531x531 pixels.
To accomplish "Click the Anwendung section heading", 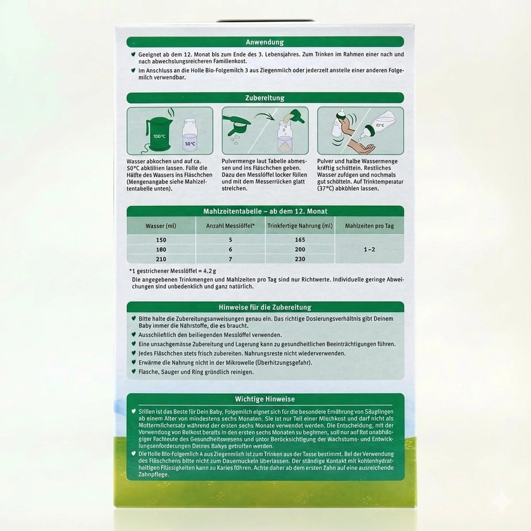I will click(x=265, y=42).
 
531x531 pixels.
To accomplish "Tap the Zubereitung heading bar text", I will click(x=265, y=98).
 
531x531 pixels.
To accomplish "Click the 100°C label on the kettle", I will click(x=159, y=136).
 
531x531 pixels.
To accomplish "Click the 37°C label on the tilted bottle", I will click(x=380, y=126).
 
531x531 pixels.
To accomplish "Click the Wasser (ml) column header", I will click(x=161, y=226).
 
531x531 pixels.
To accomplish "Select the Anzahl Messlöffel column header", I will click(x=230, y=226).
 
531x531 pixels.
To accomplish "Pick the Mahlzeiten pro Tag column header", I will click(x=369, y=226).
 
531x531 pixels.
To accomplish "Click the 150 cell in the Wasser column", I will click(x=161, y=240).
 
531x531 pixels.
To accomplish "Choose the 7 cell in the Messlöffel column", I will click(x=230, y=259).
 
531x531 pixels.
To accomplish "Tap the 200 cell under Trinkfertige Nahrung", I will click(x=300, y=250).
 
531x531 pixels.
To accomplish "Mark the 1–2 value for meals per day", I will click(x=369, y=250).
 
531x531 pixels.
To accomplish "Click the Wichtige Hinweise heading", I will click(x=265, y=399).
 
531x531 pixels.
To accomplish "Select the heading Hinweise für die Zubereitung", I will click(x=265, y=307).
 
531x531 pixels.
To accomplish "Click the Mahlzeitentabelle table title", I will click(x=265, y=212).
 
